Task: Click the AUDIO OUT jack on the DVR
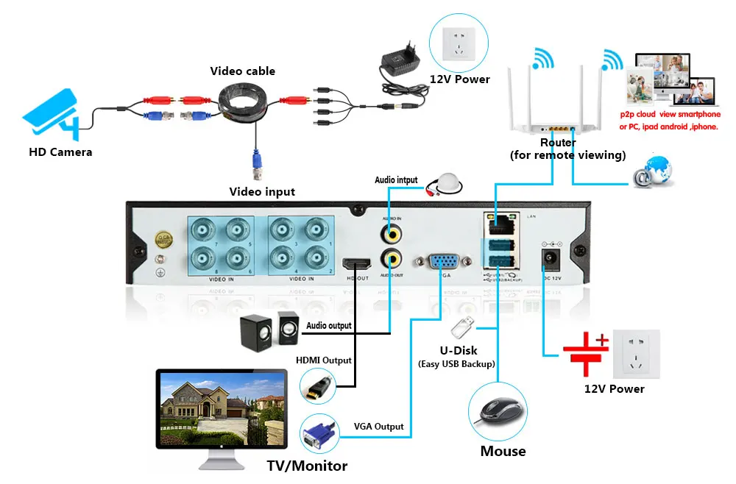391,258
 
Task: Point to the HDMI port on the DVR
357,264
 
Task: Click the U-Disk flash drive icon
461,325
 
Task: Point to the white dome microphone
446,184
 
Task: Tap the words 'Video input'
262,192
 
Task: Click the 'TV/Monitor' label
306,466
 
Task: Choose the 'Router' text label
558,142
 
